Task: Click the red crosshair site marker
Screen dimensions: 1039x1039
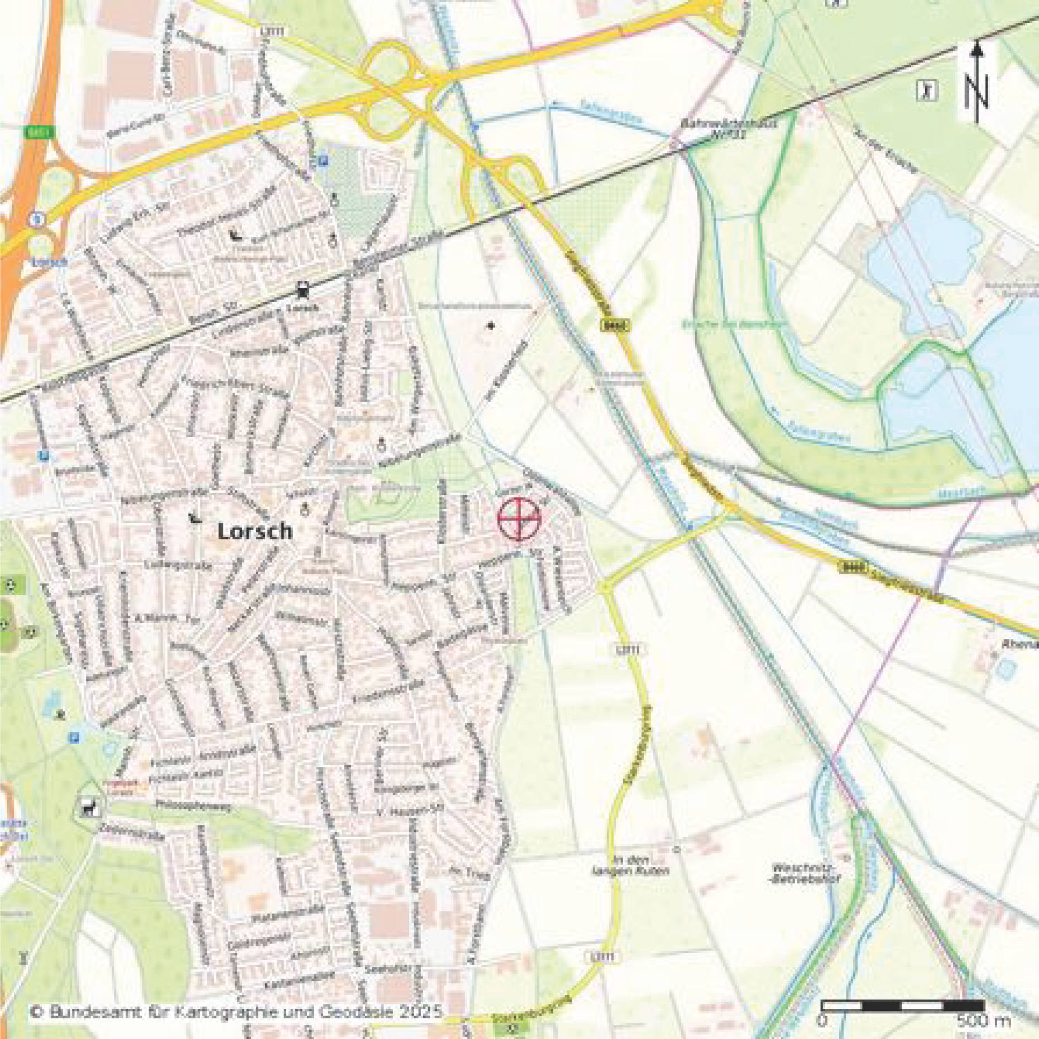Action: pyautogui.click(x=519, y=519)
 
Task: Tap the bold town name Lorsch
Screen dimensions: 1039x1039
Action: pyautogui.click(x=255, y=531)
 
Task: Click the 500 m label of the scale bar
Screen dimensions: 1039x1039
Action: pyautogui.click(x=983, y=1021)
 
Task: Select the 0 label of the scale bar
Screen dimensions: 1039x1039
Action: pyautogui.click(x=822, y=1021)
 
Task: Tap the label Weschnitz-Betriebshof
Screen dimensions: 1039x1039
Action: pyautogui.click(x=806, y=873)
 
